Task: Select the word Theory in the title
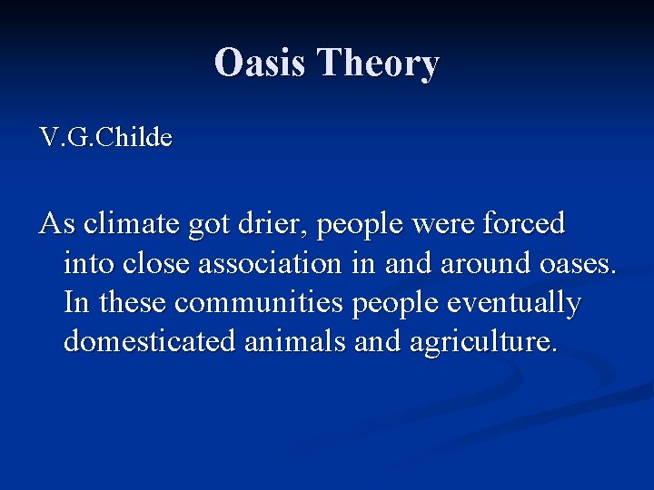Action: (379, 64)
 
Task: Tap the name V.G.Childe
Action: (105, 138)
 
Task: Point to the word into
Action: (89, 263)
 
